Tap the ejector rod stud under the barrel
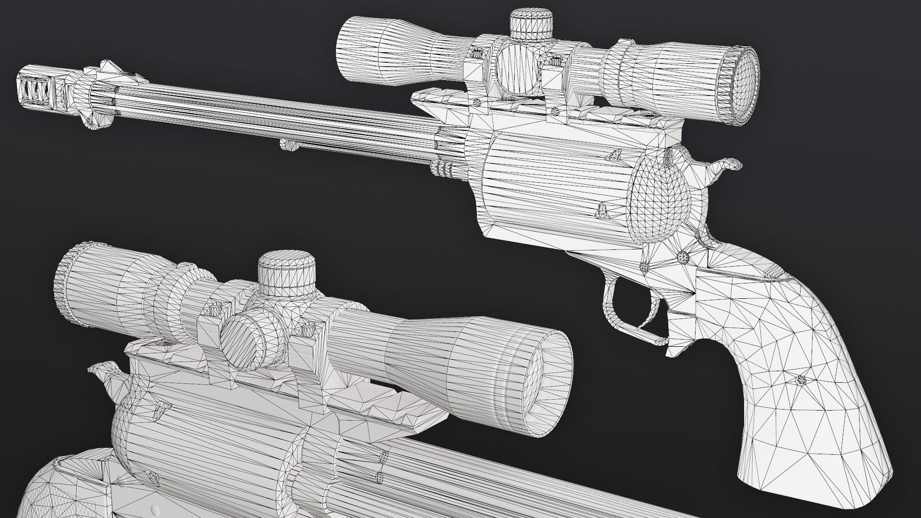pos(288,144)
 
